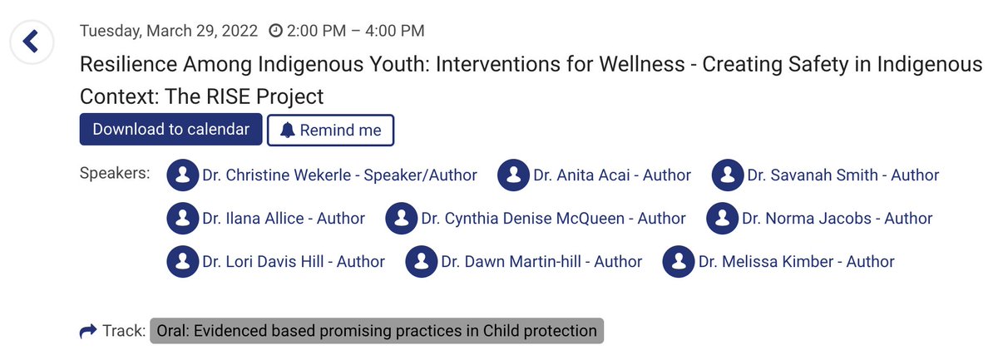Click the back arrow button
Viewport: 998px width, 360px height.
point(31,42)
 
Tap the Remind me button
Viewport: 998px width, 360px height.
point(330,130)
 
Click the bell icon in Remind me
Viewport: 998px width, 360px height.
point(288,130)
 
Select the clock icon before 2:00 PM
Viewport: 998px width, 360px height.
point(275,31)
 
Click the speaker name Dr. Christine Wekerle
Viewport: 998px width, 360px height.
point(339,175)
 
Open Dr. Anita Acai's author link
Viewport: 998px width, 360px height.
point(611,175)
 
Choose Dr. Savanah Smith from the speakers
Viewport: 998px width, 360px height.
point(842,175)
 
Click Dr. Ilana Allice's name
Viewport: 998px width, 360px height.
point(283,219)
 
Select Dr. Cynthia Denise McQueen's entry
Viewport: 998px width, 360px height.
point(553,219)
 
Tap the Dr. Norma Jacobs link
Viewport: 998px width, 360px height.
point(836,219)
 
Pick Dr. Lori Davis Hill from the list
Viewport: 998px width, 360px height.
point(293,262)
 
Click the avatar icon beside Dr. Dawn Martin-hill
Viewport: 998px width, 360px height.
point(422,262)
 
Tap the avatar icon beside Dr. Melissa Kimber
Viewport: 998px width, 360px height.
point(679,262)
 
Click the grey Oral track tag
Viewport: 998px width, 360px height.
point(376,331)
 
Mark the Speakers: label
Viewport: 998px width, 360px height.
point(115,174)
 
